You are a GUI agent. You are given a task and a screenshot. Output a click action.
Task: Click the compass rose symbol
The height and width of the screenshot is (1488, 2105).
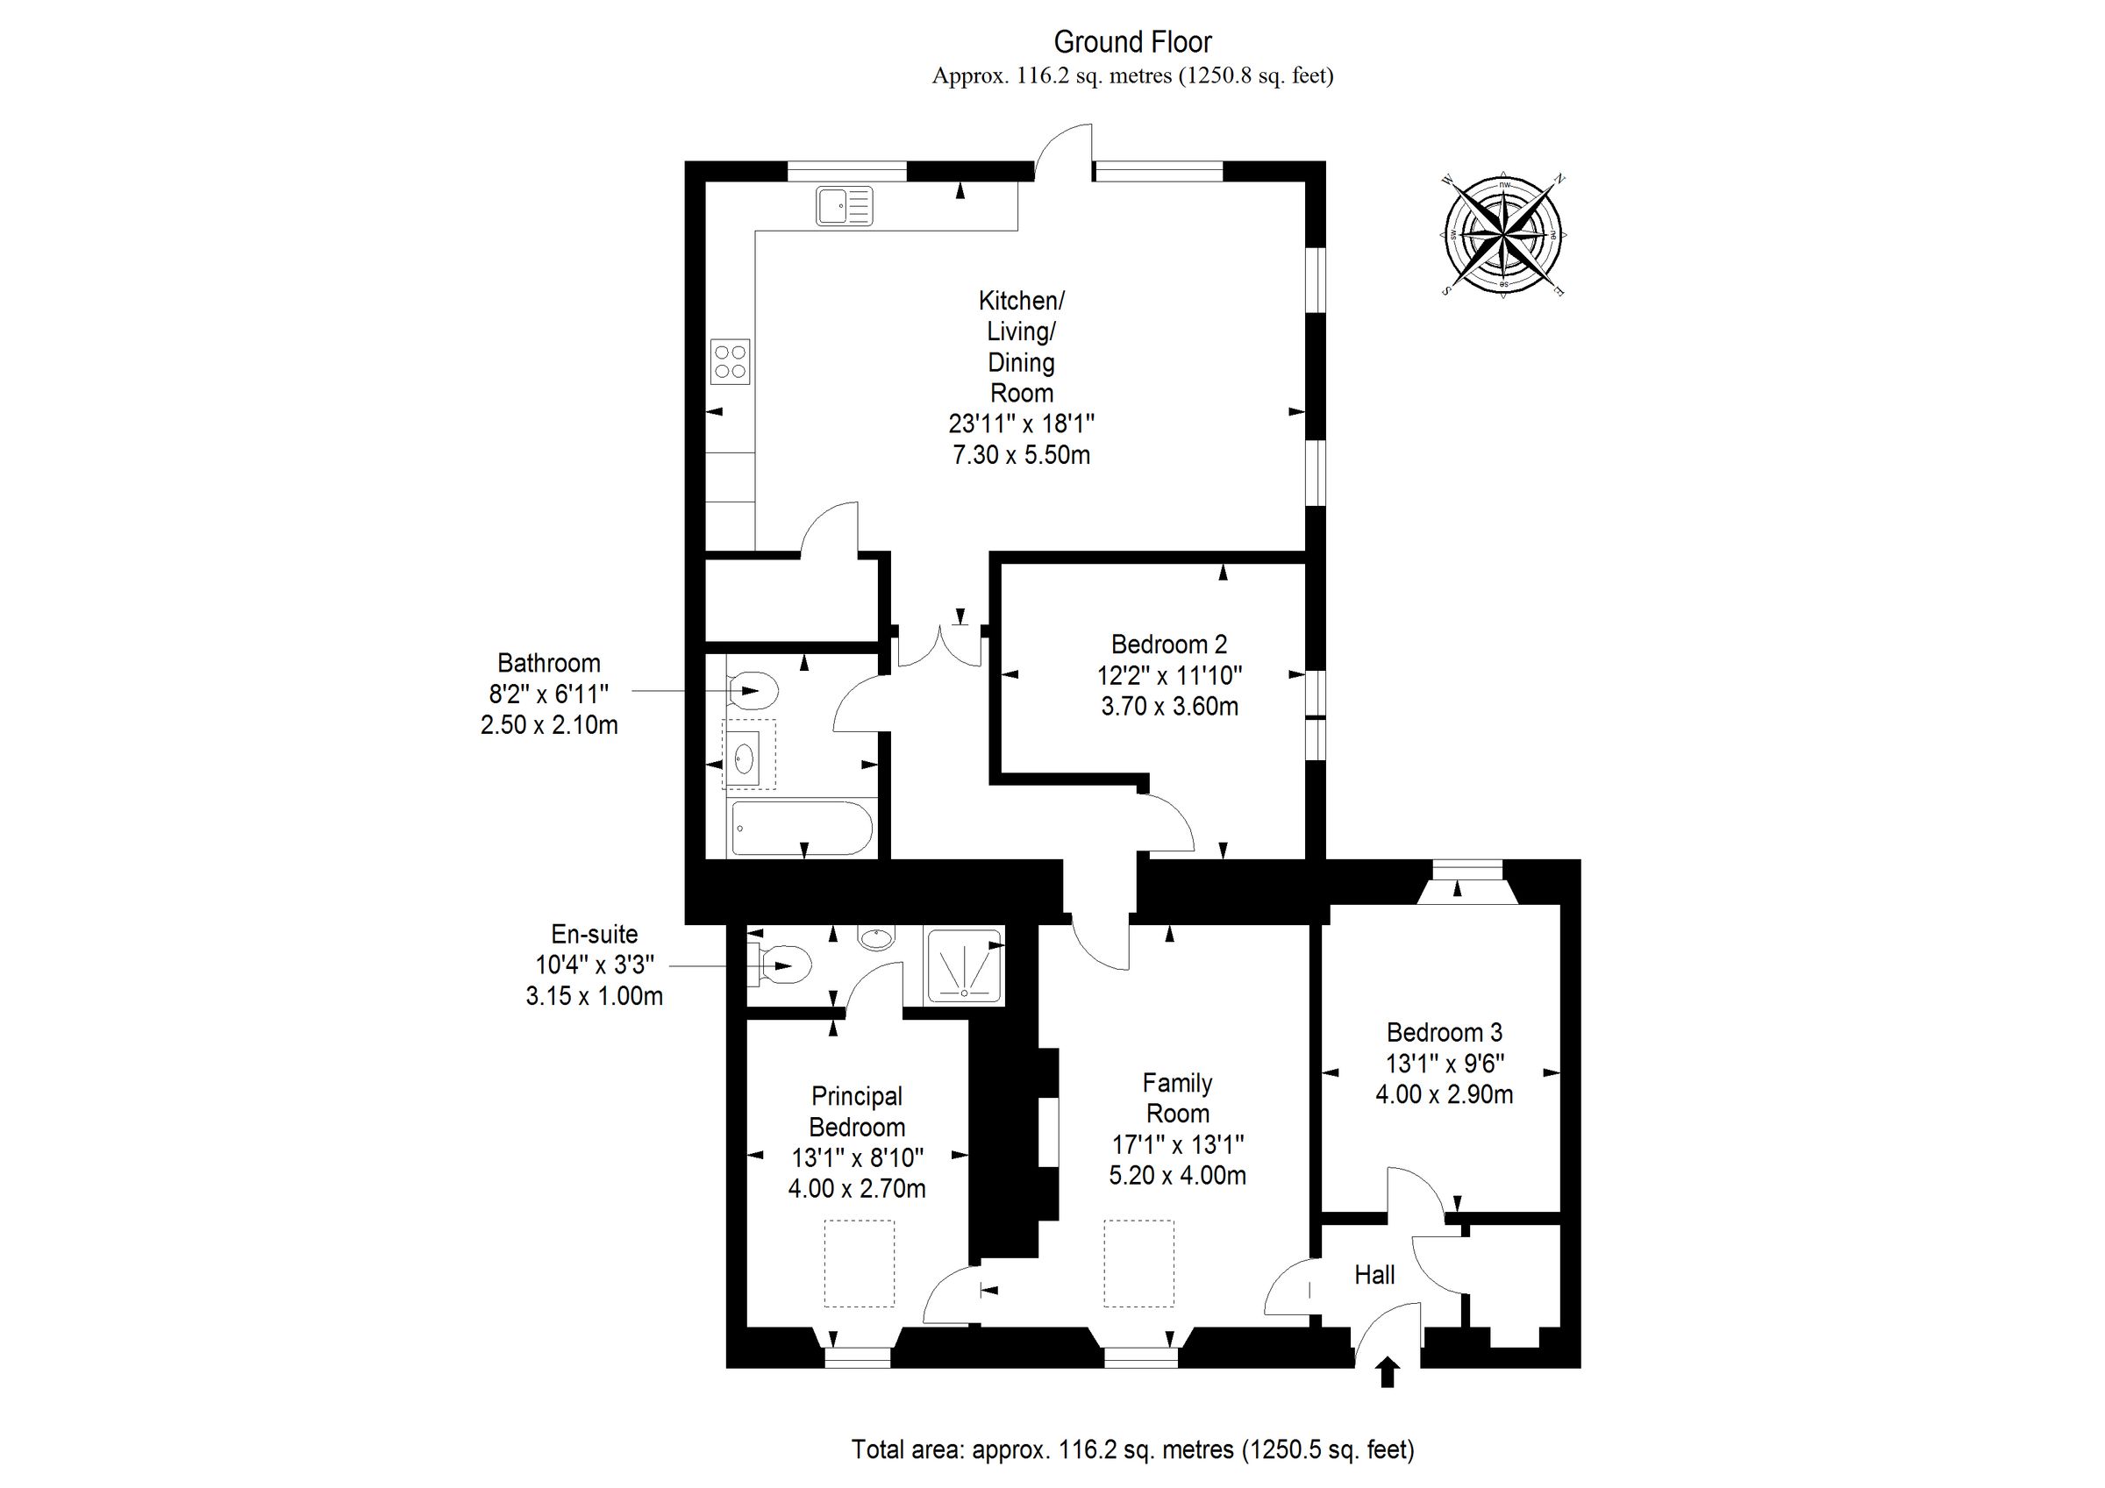click(x=1503, y=235)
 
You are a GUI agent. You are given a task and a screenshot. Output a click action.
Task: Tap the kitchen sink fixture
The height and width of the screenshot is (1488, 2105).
click(x=844, y=205)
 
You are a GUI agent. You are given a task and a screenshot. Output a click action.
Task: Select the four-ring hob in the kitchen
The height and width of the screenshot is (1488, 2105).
click(x=731, y=361)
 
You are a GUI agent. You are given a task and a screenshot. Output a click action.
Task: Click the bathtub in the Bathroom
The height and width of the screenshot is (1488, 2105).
click(x=802, y=829)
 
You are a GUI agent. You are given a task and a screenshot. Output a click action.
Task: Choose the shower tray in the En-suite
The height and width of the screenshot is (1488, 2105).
click(x=965, y=966)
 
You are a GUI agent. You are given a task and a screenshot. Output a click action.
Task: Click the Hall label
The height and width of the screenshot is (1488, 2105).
click(x=1374, y=1274)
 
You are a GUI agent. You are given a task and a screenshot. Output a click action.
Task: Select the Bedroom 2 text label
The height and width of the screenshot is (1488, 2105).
click(x=1169, y=644)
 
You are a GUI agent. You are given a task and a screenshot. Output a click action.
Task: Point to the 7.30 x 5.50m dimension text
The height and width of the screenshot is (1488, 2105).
click(x=1021, y=455)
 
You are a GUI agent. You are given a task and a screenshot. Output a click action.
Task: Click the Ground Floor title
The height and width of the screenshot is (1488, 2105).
click(x=1132, y=42)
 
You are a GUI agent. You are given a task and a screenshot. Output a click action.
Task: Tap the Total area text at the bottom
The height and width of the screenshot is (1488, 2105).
click(x=1132, y=1449)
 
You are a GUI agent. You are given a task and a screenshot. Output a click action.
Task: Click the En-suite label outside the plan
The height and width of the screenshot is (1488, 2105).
click(x=594, y=934)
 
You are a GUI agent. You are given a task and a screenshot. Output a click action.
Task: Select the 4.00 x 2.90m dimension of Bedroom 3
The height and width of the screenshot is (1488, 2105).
click(x=1444, y=1093)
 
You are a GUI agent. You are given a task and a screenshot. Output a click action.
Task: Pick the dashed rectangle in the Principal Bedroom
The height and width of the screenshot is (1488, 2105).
click(x=859, y=1263)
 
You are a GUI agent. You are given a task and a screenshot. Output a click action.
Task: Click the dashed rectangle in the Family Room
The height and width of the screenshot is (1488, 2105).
click(x=1138, y=1263)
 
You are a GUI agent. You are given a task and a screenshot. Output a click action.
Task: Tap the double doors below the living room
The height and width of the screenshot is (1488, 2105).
click(x=938, y=646)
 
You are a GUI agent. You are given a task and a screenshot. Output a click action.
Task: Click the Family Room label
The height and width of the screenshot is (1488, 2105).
click(x=1177, y=1099)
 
